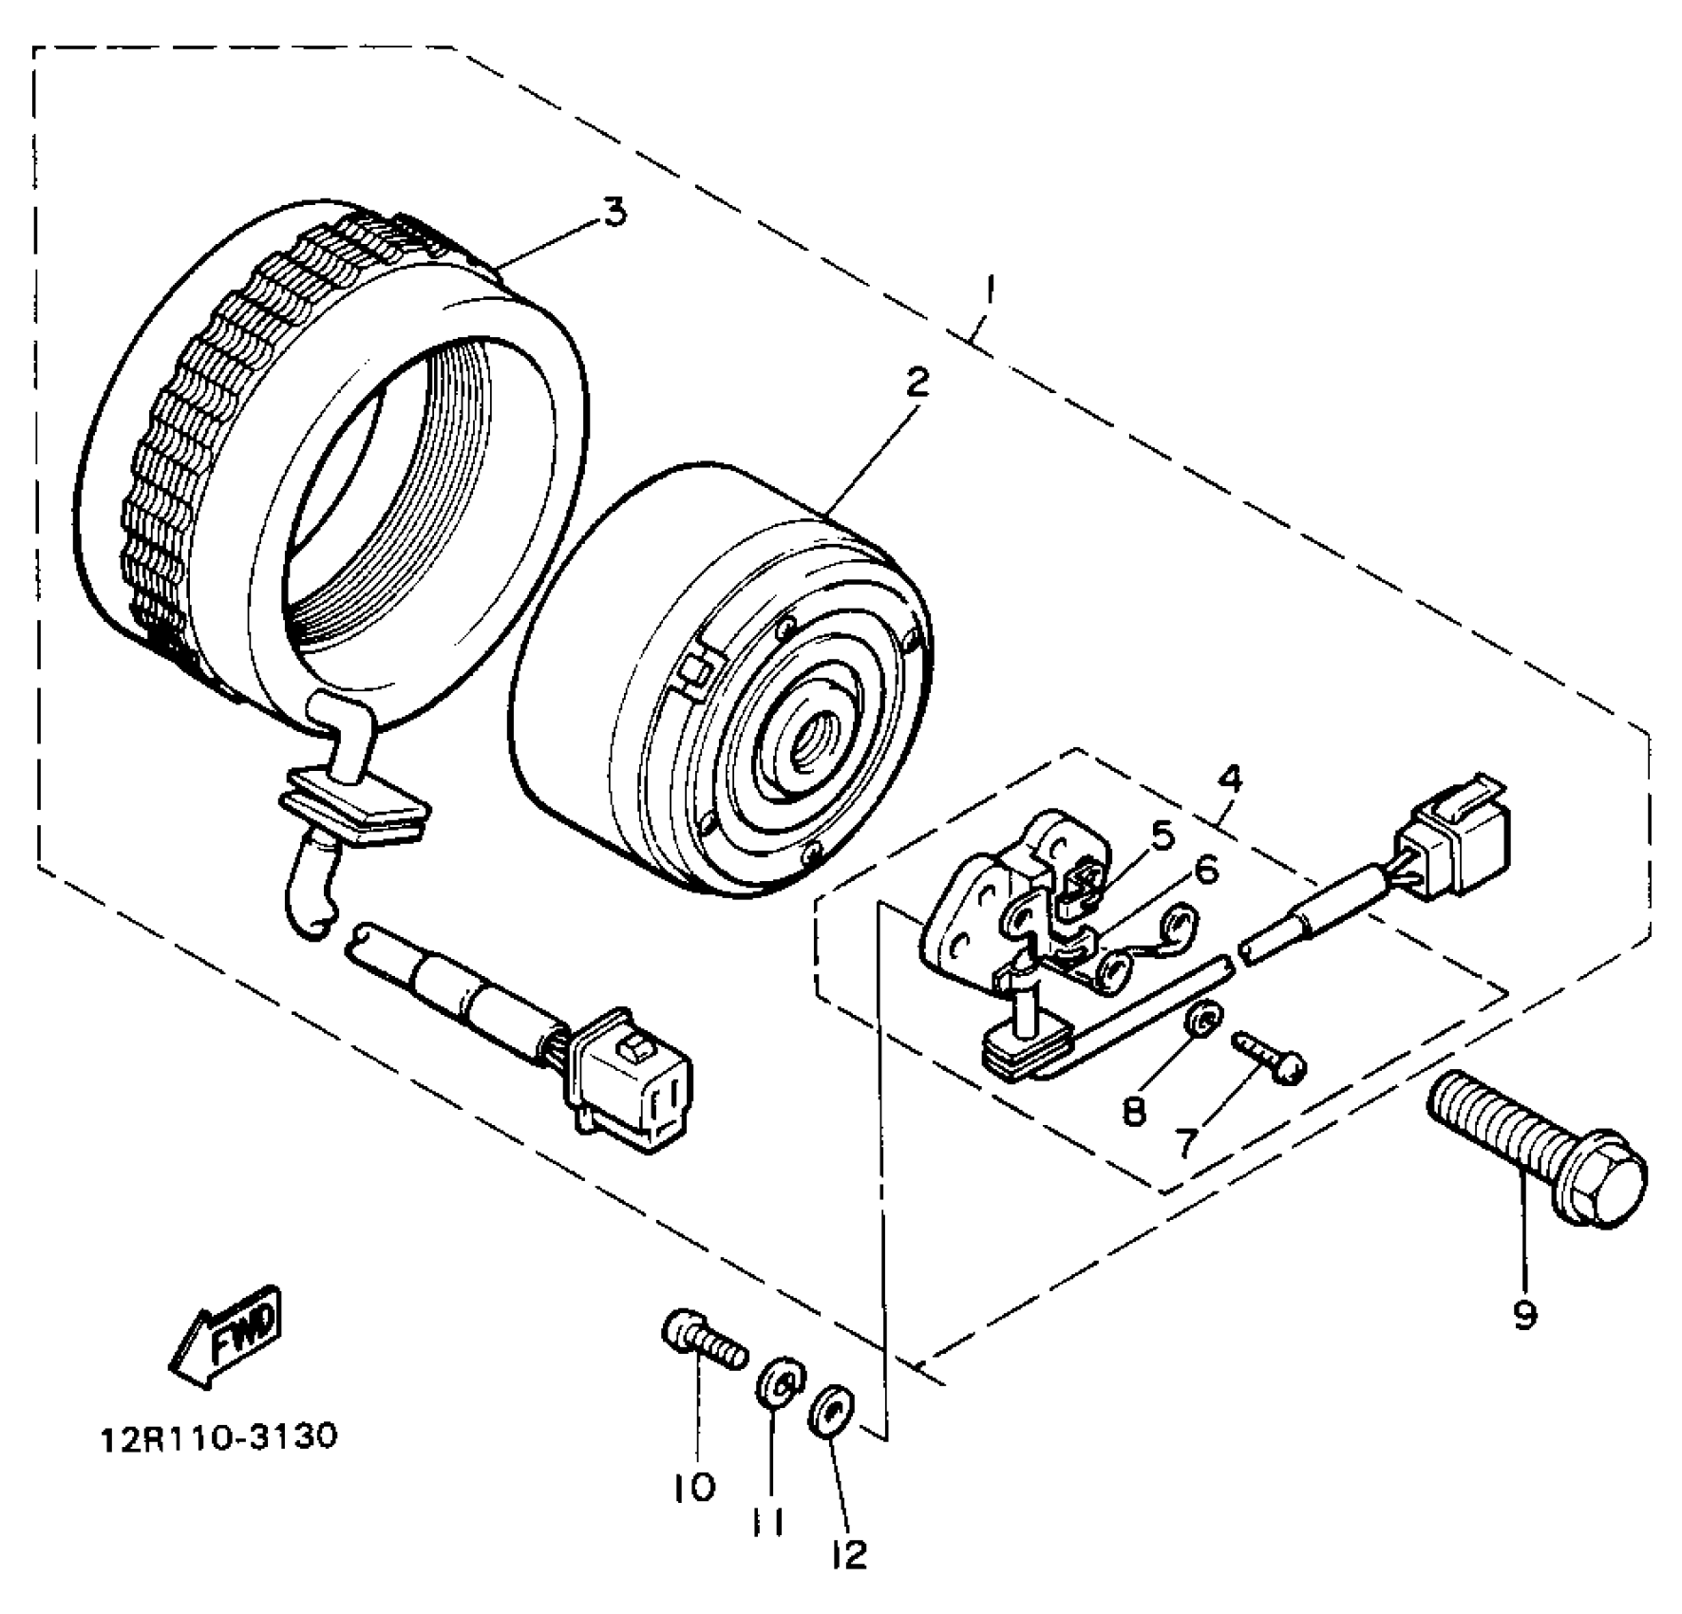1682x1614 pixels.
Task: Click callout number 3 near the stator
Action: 615,212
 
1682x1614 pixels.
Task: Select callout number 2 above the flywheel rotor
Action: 917,383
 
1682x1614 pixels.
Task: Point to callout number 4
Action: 1229,779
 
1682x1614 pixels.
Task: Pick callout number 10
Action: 694,1487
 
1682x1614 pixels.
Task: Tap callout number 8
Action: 1133,1110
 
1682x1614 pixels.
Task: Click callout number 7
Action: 1185,1143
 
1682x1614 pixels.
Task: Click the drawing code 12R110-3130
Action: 218,1436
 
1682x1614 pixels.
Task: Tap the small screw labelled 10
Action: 704,1338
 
